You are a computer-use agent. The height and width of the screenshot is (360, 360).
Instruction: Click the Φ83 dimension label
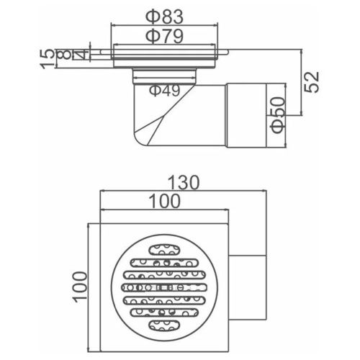coord(164,17)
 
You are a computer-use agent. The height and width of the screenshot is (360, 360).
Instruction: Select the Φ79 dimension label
coord(164,37)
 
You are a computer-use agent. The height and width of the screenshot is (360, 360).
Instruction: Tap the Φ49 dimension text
coord(164,90)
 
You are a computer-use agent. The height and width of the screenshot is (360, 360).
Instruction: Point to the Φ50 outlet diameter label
coord(279,114)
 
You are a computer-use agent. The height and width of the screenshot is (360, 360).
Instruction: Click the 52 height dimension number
coord(312,81)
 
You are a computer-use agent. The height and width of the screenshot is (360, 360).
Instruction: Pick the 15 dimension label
coord(48,59)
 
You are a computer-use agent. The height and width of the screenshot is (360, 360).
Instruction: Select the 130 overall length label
coord(184,183)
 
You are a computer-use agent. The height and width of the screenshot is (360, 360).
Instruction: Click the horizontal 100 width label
coord(164,201)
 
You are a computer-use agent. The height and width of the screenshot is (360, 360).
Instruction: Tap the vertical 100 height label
coord(80,287)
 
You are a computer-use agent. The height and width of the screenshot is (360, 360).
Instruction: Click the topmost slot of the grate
coord(164,250)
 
